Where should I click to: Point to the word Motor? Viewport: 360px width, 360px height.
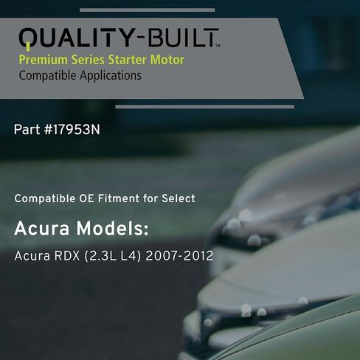[x=163, y=60]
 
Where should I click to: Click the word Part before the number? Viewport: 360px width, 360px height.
[x=26, y=129]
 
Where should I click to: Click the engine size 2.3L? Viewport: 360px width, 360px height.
[x=99, y=257]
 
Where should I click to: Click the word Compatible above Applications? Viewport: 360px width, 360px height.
[x=46, y=75]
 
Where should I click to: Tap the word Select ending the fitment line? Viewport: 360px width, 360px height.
[x=178, y=199]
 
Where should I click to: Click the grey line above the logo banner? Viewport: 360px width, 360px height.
[x=147, y=10]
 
